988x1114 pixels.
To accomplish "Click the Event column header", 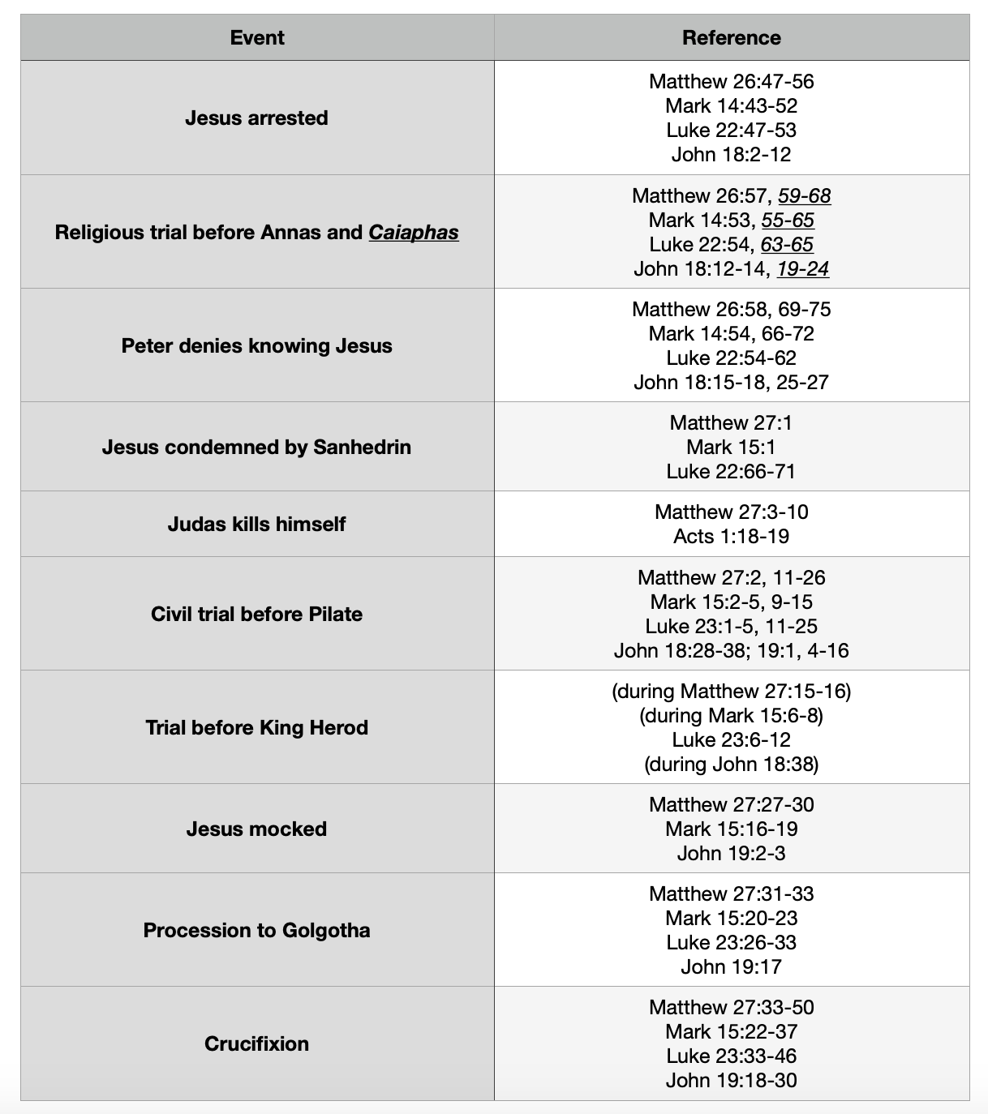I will point(257,37).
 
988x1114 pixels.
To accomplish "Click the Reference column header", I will point(731,37).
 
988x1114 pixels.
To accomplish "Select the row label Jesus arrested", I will point(256,118).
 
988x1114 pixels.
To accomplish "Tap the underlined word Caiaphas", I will point(414,232).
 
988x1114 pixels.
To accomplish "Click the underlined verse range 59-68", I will point(804,195).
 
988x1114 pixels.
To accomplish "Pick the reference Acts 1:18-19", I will point(731,536).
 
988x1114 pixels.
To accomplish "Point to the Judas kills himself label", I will point(256,524).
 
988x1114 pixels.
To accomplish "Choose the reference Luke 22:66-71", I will point(731,471).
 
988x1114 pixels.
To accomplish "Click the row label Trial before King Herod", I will point(256,727).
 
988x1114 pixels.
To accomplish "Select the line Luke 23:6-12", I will point(731,739).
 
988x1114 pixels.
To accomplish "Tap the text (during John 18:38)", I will point(731,764).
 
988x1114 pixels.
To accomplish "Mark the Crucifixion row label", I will point(256,1043).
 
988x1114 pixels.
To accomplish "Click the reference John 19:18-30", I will point(731,1080).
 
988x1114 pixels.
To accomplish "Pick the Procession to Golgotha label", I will point(256,930).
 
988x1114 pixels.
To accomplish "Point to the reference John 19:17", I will point(731,966).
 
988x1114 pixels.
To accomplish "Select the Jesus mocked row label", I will point(256,829).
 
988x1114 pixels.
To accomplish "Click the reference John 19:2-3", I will point(731,853).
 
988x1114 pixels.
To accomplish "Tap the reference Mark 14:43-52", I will point(731,105).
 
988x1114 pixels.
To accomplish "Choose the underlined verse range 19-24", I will point(802,268).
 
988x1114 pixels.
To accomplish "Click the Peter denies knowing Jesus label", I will point(256,345).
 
